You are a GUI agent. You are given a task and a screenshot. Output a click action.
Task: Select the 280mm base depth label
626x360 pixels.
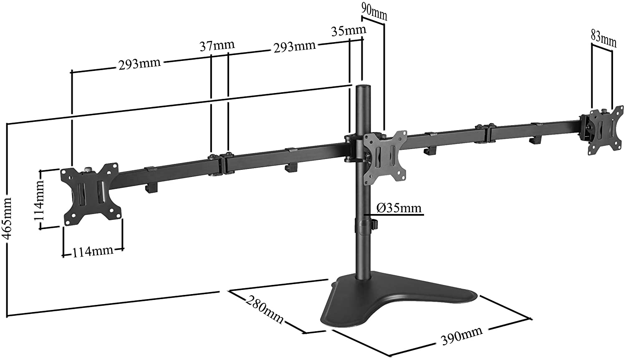[265, 309]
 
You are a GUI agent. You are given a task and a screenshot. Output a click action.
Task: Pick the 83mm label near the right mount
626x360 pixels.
[603, 38]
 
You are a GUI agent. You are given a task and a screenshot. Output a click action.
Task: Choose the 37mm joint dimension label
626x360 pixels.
[217, 45]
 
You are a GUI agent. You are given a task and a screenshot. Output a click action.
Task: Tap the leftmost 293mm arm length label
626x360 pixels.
[139, 64]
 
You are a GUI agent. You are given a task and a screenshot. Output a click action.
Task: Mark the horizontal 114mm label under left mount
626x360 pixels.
[93, 251]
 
